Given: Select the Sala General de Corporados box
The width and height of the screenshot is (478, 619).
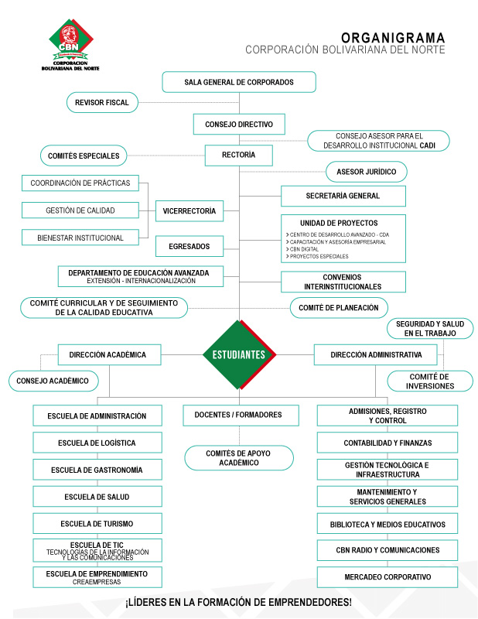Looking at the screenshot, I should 239,82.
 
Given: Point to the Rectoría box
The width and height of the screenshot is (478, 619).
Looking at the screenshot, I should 238,156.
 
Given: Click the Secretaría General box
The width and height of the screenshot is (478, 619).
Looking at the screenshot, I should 342,196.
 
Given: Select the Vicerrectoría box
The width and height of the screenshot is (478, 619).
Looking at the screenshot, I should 189,210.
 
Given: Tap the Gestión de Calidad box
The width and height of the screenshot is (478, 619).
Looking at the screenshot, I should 80,210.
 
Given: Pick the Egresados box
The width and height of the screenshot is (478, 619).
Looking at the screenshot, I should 189,247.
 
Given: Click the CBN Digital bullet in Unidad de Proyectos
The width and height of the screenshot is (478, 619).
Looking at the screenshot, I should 306,249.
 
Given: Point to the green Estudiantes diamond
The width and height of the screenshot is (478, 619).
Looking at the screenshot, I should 239,355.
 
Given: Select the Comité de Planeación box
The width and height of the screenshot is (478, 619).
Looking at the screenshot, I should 339,307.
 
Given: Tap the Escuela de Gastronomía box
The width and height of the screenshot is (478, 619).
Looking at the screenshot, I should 97,470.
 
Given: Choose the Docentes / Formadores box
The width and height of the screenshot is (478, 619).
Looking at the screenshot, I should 241,416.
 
